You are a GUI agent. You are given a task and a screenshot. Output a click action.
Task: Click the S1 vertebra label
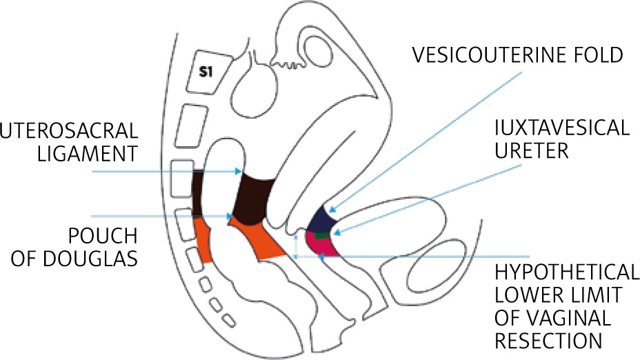(x=206, y=70)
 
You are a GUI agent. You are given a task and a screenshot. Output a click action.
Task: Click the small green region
(x=321, y=234)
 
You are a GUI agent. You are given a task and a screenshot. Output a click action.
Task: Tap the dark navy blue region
(x=321, y=221)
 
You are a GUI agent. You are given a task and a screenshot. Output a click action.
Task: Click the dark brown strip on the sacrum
(x=199, y=193)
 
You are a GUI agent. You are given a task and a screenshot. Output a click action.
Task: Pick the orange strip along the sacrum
(x=202, y=239)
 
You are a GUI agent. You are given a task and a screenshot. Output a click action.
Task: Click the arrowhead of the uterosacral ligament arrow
(x=239, y=171)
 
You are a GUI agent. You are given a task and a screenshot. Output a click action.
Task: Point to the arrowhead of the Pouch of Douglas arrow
(x=231, y=216)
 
